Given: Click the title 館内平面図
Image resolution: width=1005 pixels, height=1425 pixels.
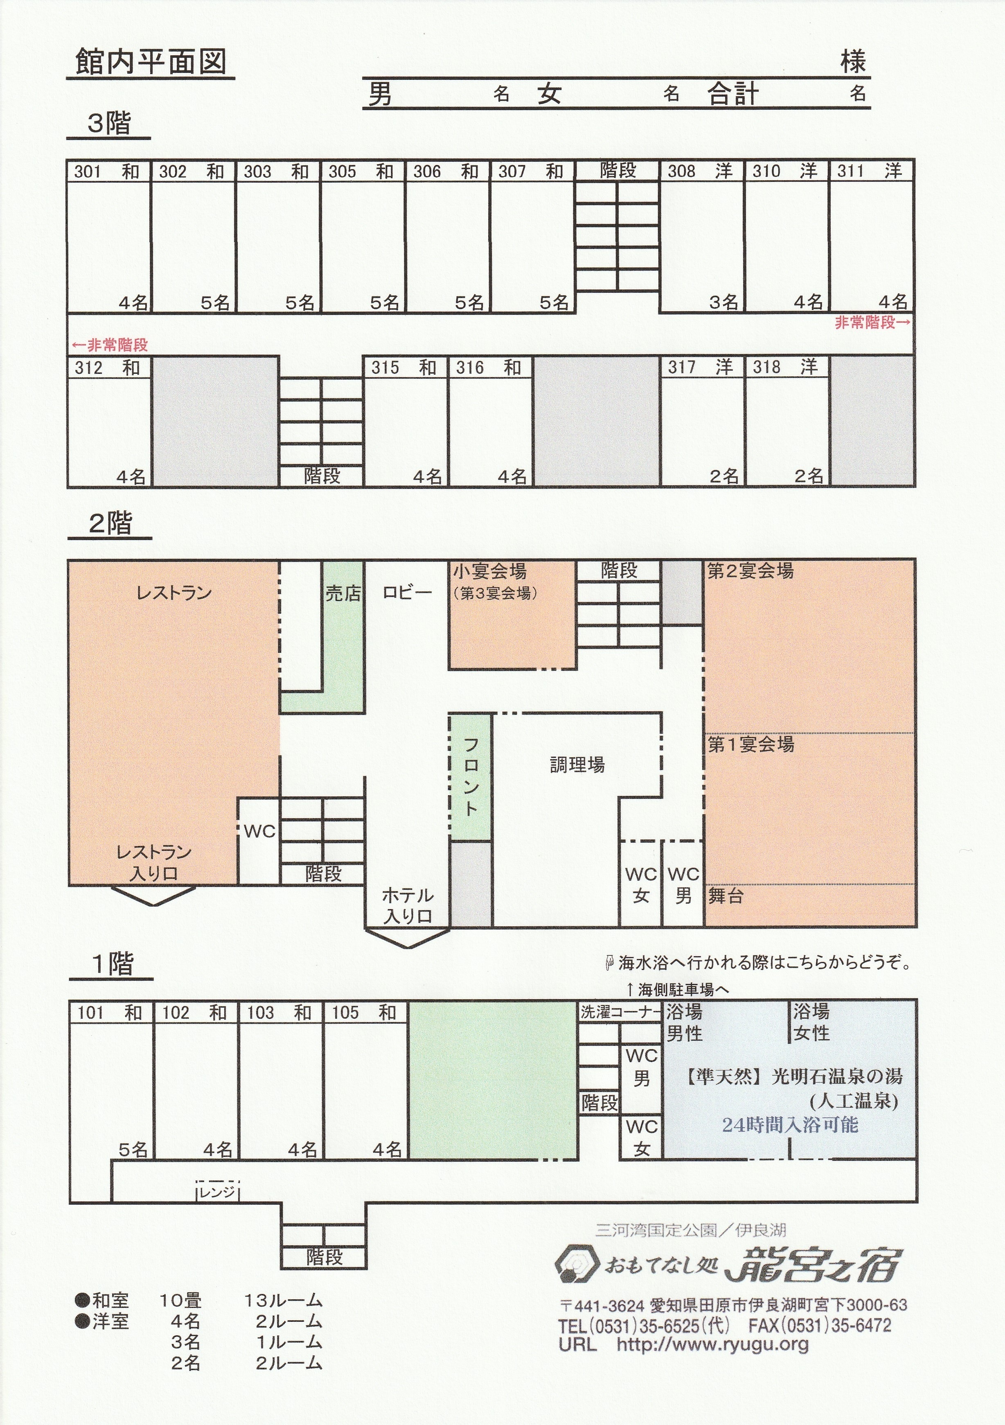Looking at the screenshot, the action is point(151,63).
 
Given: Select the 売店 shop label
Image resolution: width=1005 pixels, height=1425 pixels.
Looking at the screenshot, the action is point(343,593).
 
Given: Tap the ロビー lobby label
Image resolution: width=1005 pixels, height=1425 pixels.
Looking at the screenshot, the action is point(407,593).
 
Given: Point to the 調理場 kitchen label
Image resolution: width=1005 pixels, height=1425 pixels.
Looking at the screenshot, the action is point(577,765).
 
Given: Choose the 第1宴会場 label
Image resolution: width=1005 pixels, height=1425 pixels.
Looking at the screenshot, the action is point(750,744).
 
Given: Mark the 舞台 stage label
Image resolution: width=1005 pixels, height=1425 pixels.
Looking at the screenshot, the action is point(726,896).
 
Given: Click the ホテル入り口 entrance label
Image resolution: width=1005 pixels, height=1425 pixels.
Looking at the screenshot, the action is point(408,905).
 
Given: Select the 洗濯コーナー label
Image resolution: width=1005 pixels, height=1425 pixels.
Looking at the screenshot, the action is point(621,1012).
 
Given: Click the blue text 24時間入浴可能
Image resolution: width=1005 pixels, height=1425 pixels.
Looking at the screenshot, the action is point(790,1124).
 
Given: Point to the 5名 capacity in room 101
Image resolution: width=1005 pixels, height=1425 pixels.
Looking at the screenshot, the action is point(133,1150).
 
